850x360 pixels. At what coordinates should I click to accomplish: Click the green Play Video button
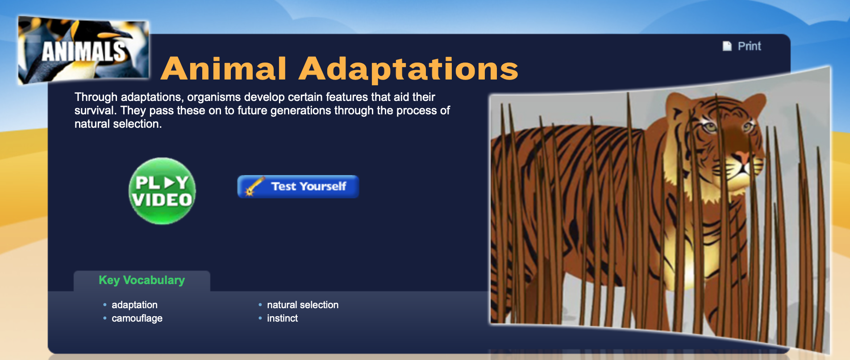pos(162,191)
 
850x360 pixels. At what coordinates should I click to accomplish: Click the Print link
pos(749,46)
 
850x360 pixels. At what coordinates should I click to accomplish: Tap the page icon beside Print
pos(727,46)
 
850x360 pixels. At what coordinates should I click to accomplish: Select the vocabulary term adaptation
pos(134,305)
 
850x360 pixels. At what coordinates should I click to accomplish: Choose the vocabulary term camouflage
pos(137,318)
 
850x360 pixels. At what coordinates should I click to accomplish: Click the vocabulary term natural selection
pos(303,305)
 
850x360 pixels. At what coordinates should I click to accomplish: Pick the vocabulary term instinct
pos(282,318)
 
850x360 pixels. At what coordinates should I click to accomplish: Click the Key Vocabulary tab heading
pos(142,280)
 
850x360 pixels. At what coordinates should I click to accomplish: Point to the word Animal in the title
pos(223,69)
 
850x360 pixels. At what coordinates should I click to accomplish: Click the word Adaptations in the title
pos(408,69)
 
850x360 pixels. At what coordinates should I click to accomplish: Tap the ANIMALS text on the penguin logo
pos(83,51)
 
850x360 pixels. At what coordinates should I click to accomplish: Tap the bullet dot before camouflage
pos(105,318)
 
